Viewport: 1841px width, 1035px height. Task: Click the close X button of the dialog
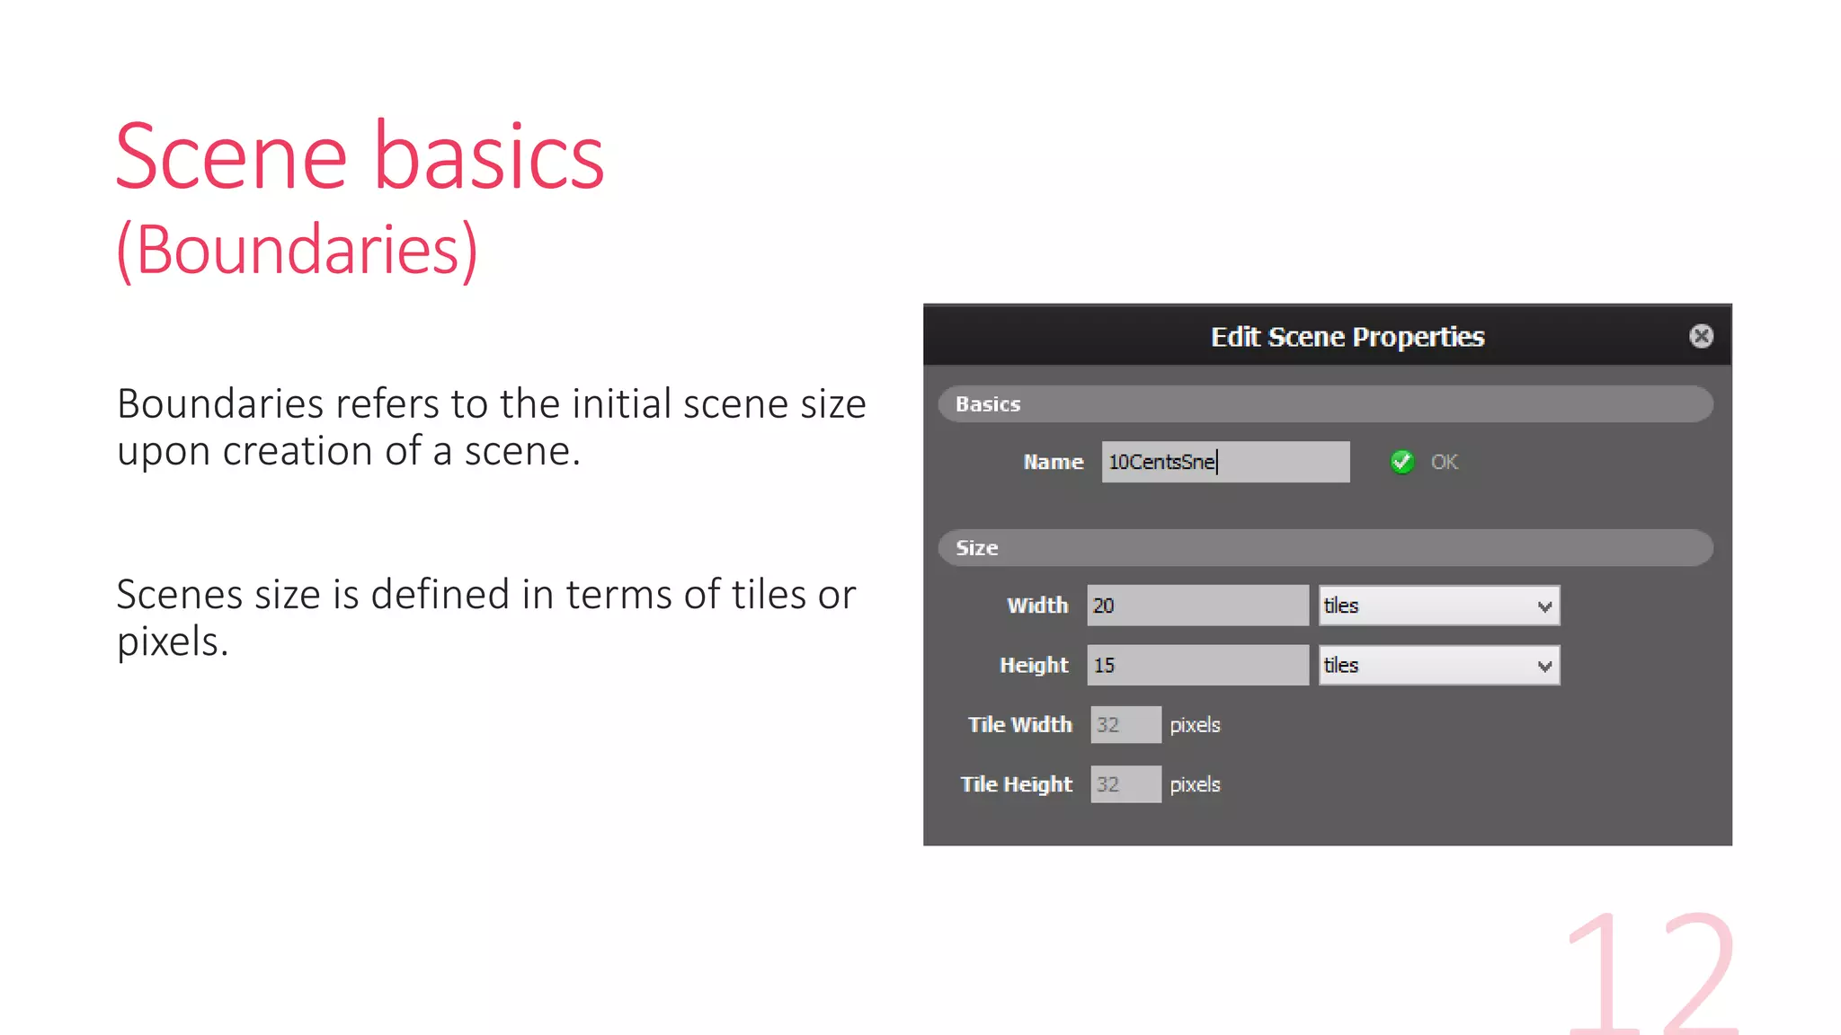[x=1701, y=336]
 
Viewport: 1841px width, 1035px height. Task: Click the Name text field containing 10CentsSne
[x=1225, y=462]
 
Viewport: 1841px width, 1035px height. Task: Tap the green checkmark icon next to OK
[x=1401, y=462]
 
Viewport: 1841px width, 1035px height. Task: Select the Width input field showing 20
[x=1197, y=606]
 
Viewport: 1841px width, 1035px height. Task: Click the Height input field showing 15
[x=1197, y=666]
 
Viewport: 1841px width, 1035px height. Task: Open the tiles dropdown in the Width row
[x=1439, y=606]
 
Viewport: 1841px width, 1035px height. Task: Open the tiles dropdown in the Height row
[x=1439, y=666]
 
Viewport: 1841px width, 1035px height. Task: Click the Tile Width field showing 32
[x=1125, y=725]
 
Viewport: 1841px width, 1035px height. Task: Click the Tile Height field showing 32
[x=1125, y=784]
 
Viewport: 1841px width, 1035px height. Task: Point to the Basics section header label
[x=988, y=404]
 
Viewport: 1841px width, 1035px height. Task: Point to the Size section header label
[x=976, y=548]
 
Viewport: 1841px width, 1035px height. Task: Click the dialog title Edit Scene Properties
[x=1347, y=337]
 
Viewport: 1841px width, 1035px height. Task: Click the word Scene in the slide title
[x=231, y=158]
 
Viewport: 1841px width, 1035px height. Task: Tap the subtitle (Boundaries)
[x=298, y=250]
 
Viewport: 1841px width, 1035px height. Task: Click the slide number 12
[x=1652, y=975]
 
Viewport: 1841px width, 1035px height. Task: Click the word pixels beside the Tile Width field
[x=1195, y=725]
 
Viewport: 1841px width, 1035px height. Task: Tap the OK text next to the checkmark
[x=1444, y=462]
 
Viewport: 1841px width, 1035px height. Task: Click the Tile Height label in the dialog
[x=1016, y=784]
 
